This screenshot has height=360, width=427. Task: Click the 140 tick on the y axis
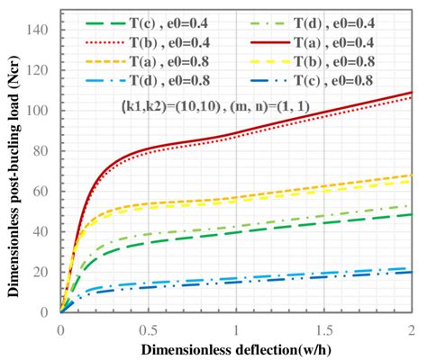[42, 30]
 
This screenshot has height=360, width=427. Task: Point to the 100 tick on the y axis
[42, 111]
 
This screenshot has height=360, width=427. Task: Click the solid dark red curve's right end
[411, 93]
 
